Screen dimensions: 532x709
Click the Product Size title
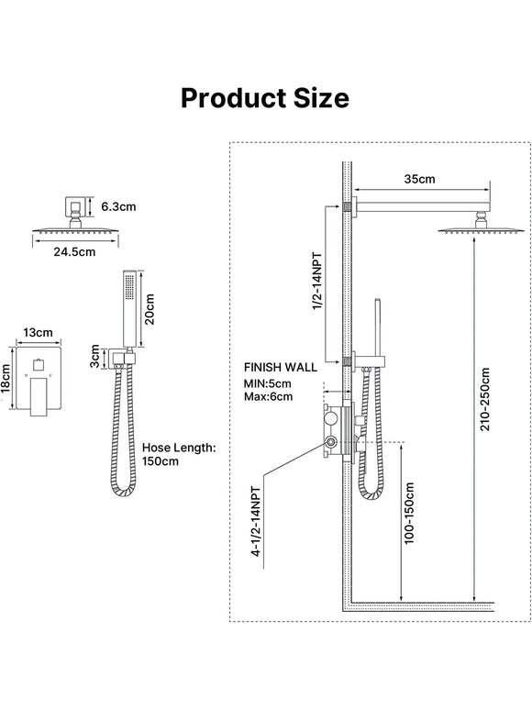265,97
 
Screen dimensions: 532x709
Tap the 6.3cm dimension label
118,206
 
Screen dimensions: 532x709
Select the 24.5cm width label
74,251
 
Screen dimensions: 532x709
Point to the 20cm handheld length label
150,309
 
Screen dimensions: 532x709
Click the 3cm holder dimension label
94,356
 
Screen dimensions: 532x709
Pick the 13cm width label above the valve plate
38,332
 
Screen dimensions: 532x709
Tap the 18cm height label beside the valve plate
6,380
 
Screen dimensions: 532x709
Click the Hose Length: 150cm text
179,454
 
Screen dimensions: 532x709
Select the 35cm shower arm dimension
419,179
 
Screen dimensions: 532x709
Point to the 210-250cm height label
484,399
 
